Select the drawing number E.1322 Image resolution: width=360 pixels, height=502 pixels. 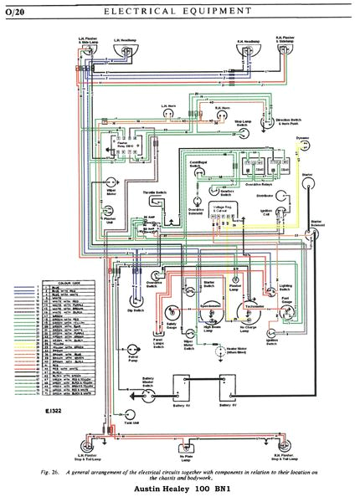(47, 412)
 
